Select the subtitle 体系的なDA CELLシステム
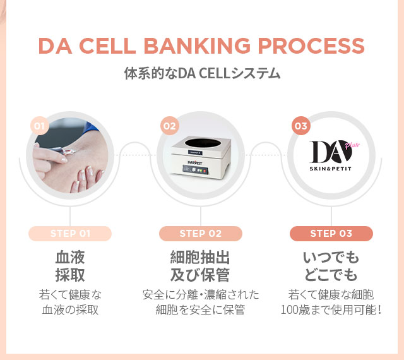pos(202,73)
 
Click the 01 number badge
pos(40,126)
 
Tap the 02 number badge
pos(169,126)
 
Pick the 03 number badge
pos(300,126)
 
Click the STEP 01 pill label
pos(70,234)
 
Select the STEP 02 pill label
pos(201,234)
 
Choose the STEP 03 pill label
pos(331,234)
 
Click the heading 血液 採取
pos(70,266)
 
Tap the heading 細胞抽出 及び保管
pos(201,266)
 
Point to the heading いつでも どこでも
pos(331,266)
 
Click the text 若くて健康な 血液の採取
pos(70,302)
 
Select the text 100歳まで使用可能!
pos(331,310)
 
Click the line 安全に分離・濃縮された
pos(201,295)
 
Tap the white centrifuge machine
pos(201,158)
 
